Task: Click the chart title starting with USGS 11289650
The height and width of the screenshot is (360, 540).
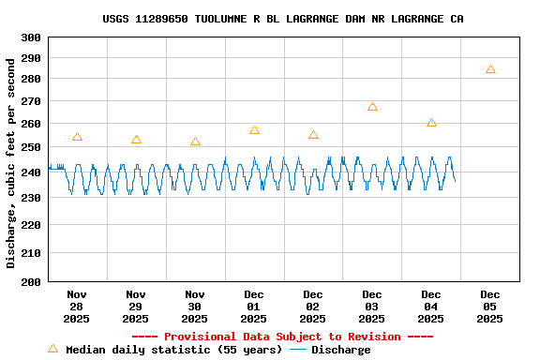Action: pos(282,19)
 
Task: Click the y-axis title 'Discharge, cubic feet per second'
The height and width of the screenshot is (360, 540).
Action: pos(11,163)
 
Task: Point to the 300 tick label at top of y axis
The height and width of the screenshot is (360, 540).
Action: pos(31,37)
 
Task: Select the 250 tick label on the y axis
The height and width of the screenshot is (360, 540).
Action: pos(31,147)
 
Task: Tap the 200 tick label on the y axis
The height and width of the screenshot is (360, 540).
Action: pos(31,281)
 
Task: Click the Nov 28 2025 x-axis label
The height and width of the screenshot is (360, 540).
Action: pos(77,307)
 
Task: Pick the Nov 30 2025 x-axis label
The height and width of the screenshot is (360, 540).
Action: pos(195,307)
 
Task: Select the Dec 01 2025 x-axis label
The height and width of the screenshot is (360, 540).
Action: pos(254,307)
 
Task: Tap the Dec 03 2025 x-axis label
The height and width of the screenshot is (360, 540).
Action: pos(372,307)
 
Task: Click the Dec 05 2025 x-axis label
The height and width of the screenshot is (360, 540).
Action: pos(490,307)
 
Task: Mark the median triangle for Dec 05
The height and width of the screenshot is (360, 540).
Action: pos(490,69)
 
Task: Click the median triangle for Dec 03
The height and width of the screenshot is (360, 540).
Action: pos(372,107)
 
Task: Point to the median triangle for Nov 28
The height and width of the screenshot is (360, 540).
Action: pos(77,137)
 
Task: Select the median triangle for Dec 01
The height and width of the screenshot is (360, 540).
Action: pos(254,130)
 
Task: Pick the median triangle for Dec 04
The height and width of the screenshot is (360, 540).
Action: pos(431,123)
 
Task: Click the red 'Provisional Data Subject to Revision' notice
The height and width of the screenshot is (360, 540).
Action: pos(282,337)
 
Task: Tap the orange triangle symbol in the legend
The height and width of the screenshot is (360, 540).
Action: pos(52,349)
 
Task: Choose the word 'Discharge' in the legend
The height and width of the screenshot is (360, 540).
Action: pos(340,350)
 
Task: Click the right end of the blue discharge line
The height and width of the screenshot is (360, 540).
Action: pos(455,180)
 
